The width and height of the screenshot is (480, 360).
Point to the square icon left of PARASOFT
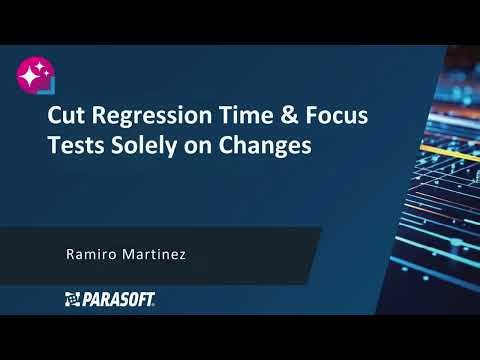[71, 298]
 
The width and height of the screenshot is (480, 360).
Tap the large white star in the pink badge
[33, 73]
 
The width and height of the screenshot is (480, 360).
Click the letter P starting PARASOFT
[85, 298]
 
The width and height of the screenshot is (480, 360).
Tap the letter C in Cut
[56, 117]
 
